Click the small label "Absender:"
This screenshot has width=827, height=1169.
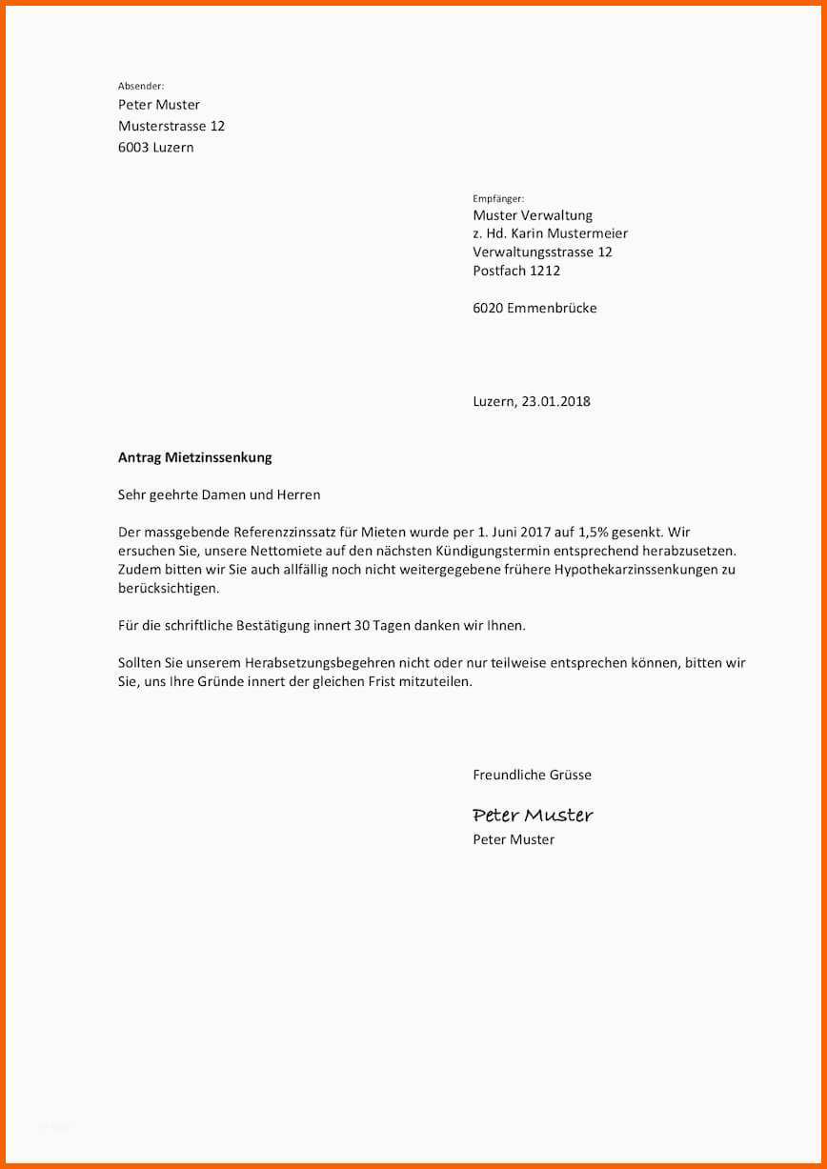coord(141,86)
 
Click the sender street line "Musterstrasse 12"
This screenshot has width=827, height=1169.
coord(171,126)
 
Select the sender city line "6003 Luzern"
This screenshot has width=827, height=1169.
coord(155,148)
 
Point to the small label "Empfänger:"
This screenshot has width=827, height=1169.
coord(498,198)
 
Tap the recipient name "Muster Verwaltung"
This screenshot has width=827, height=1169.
coord(533,215)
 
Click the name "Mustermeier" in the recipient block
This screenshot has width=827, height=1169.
coord(588,233)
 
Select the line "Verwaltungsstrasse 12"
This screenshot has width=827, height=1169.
coord(542,252)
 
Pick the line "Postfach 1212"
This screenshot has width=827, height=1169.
coord(516,271)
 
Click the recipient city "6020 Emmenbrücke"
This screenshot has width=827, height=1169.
coord(535,308)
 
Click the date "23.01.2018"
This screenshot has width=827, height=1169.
coord(555,401)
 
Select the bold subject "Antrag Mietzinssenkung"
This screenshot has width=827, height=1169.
coord(194,457)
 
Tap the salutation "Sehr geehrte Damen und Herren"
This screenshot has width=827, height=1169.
coord(219,495)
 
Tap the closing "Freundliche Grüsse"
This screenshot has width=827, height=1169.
coord(532,775)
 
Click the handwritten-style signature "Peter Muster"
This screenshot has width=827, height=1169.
coord(533,815)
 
